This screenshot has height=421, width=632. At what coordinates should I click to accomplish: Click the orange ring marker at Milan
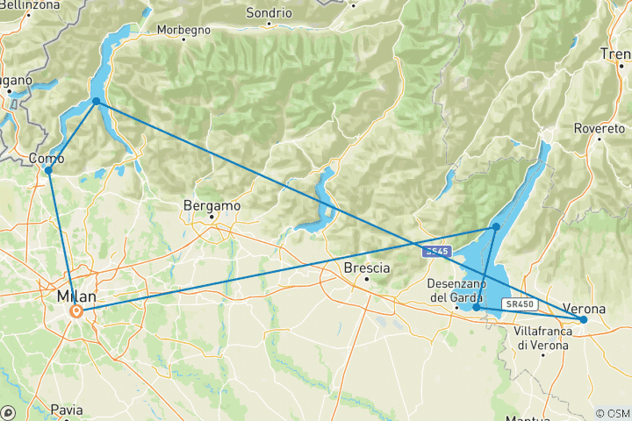click(77, 310)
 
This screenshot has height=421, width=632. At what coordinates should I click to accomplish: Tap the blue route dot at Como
click(48, 170)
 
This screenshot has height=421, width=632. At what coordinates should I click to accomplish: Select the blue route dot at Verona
click(583, 320)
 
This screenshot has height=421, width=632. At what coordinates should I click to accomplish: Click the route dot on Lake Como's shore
click(96, 102)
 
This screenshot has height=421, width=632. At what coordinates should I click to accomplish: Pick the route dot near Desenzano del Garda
click(476, 308)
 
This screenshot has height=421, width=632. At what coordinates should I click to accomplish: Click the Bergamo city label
click(212, 205)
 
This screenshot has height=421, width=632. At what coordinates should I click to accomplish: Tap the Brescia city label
click(366, 268)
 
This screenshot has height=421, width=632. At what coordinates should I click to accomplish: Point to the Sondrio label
click(269, 13)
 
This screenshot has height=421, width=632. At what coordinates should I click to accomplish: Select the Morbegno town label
click(183, 30)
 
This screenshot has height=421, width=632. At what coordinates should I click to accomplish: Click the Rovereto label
click(599, 128)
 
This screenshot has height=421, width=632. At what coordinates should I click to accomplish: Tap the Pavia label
click(66, 409)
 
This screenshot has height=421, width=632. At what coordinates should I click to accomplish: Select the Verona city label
click(583, 310)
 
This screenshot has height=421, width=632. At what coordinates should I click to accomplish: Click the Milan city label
click(75, 296)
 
